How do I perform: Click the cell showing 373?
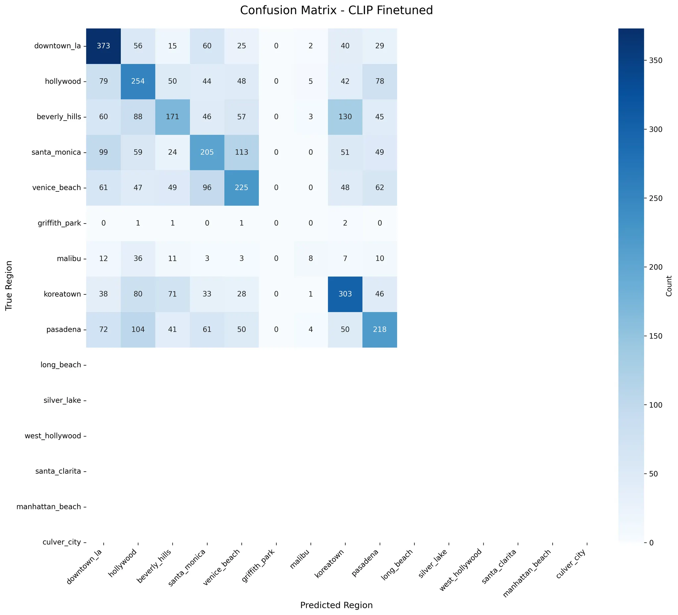103,46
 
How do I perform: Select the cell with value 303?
345,294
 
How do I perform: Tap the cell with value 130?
345,117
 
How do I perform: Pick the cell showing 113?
241,152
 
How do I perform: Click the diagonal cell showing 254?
138,81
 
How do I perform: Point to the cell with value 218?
380,330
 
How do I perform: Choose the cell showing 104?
138,330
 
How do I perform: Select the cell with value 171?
172,117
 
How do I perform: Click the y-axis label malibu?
69,259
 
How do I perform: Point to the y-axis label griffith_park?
59,223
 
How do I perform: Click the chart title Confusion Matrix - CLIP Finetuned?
336,10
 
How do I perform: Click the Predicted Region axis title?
336,605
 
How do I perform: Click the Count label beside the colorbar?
669,286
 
